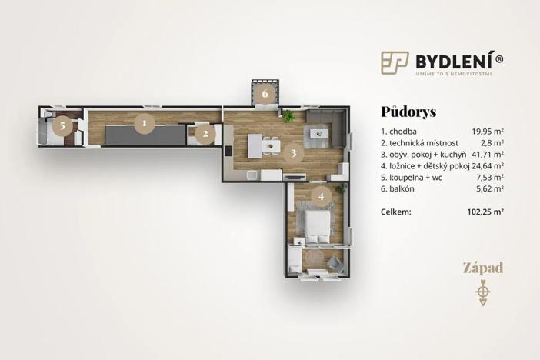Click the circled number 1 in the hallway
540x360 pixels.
click(142, 122)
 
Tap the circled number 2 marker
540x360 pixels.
click(205, 134)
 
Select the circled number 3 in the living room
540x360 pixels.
click(292, 152)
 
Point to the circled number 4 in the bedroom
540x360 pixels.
click(322, 196)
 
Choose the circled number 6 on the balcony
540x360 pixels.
click(265, 95)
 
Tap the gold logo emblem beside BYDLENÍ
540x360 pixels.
click(395, 63)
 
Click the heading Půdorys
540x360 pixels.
click(408, 112)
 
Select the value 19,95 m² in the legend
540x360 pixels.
click(488, 131)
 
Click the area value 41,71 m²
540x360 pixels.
click(488, 154)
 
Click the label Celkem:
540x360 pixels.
click(396, 210)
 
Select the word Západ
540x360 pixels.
click(482, 268)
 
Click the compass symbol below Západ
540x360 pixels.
click(482, 293)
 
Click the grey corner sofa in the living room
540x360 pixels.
click(326, 127)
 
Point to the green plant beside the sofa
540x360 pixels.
click(288, 117)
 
